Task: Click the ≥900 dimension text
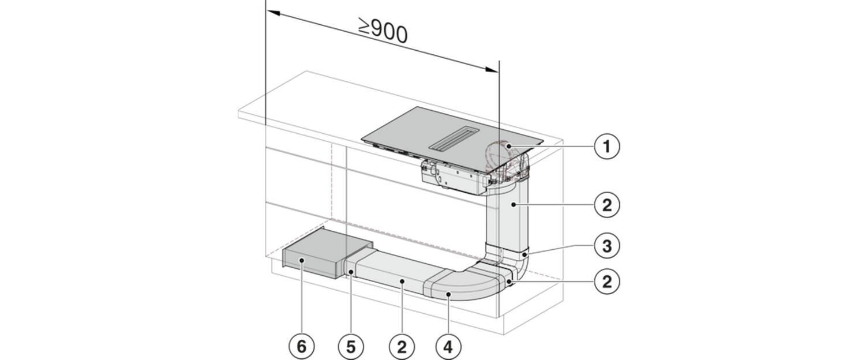click(x=383, y=31)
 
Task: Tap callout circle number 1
click(x=607, y=146)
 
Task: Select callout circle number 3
click(x=607, y=246)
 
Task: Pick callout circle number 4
click(x=448, y=347)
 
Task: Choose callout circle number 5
click(x=351, y=347)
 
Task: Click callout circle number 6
click(x=302, y=347)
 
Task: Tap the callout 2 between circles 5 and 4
click(x=402, y=347)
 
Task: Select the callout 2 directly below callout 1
click(x=607, y=205)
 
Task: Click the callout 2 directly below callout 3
click(x=607, y=282)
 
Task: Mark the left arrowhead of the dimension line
click(x=273, y=13)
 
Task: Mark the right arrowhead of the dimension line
click(x=492, y=69)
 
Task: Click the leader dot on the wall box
click(x=302, y=260)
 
